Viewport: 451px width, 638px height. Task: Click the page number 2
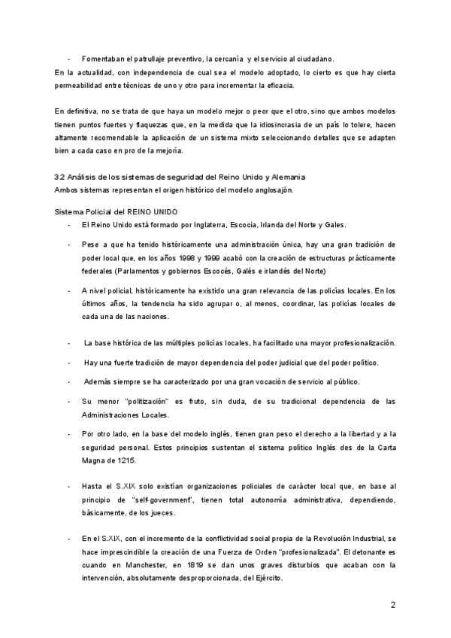[392, 604]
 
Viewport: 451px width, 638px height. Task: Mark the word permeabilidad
[81, 85]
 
